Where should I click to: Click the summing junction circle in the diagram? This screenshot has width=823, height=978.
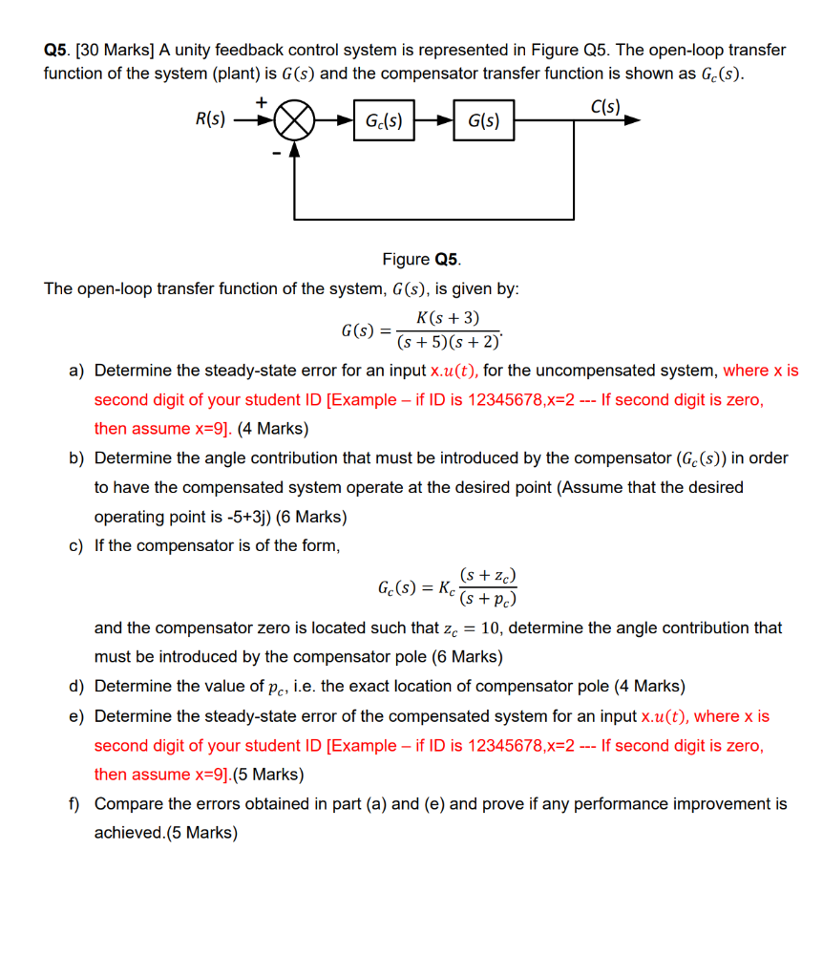pyautogui.click(x=295, y=121)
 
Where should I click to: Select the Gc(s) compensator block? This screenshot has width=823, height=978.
pyautogui.click(x=383, y=121)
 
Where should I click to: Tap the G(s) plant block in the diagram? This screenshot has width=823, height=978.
pyautogui.click(x=484, y=121)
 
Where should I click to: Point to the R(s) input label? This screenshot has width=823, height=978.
pyautogui.click(x=210, y=120)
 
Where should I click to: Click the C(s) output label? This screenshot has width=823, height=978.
pyautogui.click(x=605, y=106)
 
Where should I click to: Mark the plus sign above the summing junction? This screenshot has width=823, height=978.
pyautogui.click(x=260, y=100)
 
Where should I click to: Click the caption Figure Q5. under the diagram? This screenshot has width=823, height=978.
pyautogui.click(x=421, y=259)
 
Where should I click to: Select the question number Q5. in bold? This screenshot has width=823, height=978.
pyautogui.click(x=59, y=50)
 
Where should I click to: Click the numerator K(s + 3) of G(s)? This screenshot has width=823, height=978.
pyautogui.click(x=448, y=318)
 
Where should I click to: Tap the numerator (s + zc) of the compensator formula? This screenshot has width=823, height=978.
pyautogui.click(x=488, y=575)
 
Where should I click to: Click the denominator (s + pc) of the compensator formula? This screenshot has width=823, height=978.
pyautogui.click(x=488, y=599)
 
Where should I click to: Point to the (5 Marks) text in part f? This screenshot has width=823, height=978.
pyautogui.click(x=201, y=833)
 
